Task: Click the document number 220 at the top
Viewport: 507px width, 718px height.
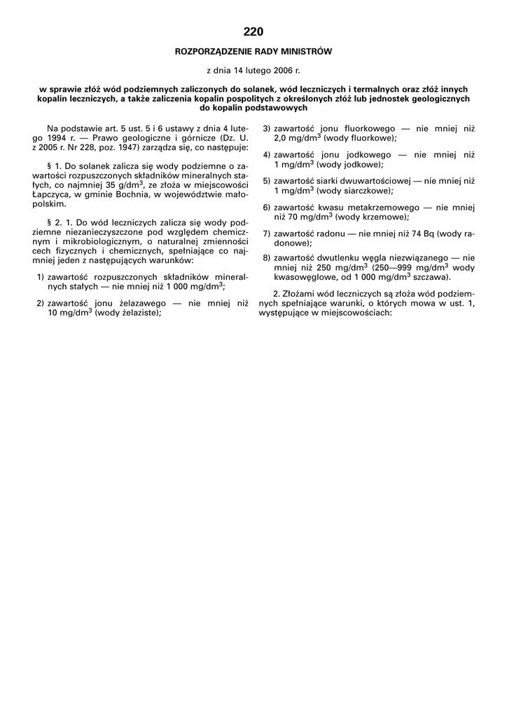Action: coord(253,32)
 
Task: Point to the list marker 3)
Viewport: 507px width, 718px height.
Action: coord(267,129)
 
